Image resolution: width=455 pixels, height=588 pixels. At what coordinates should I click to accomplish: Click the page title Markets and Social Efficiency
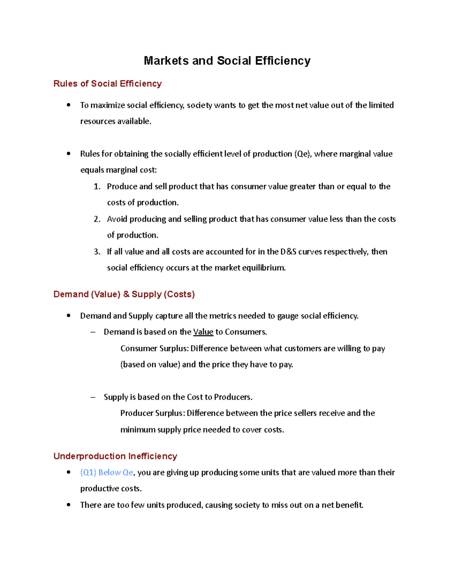click(x=227, y=61)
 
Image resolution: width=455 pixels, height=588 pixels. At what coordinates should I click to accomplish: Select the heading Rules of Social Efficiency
click(x=107, y=84)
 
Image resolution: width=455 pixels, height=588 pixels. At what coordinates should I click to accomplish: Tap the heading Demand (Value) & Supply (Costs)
click(x=124, y=294)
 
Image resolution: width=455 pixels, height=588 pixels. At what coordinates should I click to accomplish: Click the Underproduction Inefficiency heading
click(x=115, y=456)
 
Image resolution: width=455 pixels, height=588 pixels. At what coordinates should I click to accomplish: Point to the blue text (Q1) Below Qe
click(x=107, y=473)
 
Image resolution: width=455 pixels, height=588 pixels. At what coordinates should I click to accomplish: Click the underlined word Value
click(x=203, y=332)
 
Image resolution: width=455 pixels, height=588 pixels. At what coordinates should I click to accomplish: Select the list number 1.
click(x=97, y=187)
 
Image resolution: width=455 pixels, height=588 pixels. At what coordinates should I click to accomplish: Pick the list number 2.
click(x=97, y=219)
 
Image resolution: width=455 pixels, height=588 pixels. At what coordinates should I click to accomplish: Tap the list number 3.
click(x=97, y=252)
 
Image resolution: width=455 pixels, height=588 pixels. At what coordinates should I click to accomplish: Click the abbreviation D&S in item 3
click(x=288, y=252)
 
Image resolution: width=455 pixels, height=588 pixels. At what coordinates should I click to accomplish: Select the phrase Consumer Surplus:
click(x=154, y=349)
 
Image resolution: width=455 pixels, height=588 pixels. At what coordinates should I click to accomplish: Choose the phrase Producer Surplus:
click(x=152, y=413)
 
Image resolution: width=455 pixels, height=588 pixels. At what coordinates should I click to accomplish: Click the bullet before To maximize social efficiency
click(x=69, y=105)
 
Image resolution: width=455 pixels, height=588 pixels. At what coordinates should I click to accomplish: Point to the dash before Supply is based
click(x=93, y=397)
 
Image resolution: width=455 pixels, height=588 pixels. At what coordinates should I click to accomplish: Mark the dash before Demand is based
click(x=93, y=332)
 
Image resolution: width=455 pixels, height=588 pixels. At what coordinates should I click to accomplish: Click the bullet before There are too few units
click(x=69, y=505)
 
